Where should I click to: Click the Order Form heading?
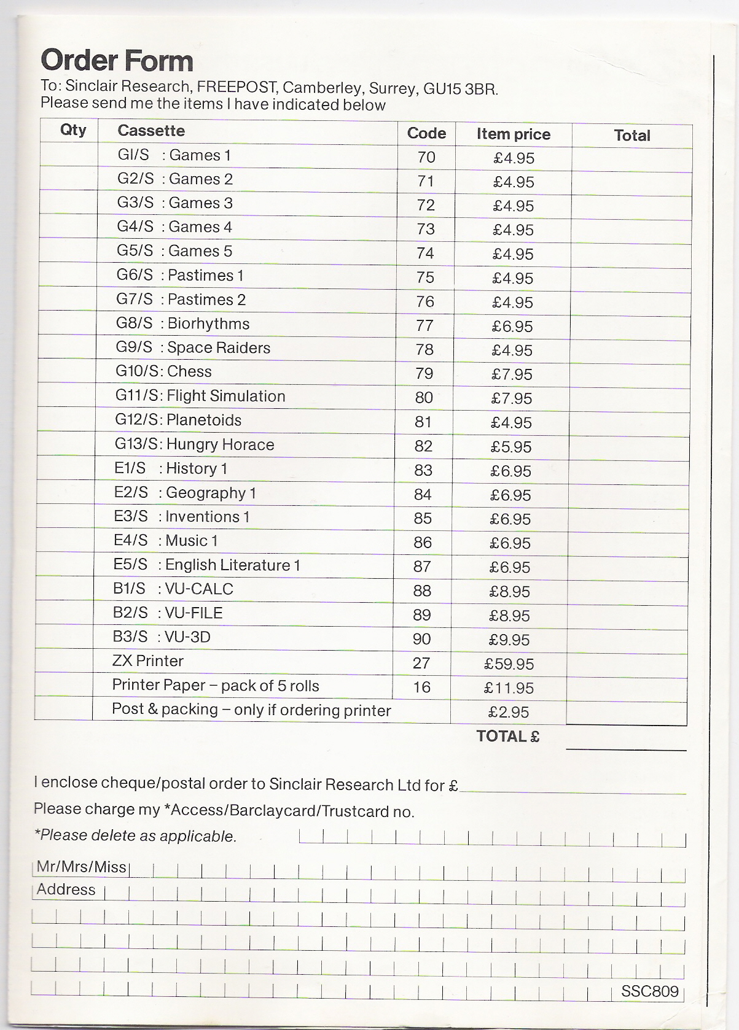[x=117, y=61]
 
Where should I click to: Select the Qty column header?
[x=73, y=130]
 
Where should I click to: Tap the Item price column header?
[x=513, y=134]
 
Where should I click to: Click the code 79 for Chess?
[x=424, y=374]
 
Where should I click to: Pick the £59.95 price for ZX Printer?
[x=509, y=664]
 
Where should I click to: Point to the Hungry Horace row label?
[x=194, y=444]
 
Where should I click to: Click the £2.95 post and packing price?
[x=508, y=713]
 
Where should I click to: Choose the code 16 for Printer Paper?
[x=421, y=687]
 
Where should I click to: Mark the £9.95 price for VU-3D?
[x=509, y=640]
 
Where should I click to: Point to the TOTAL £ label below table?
[x=507, y=737]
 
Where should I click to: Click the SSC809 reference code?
[x=649, y=991]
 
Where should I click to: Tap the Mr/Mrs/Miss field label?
[x=81, y=867]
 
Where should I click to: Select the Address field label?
[x=66, y=889]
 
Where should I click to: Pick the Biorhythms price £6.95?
[x=512, y=327]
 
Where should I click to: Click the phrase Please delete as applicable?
[x=135, y=836]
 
